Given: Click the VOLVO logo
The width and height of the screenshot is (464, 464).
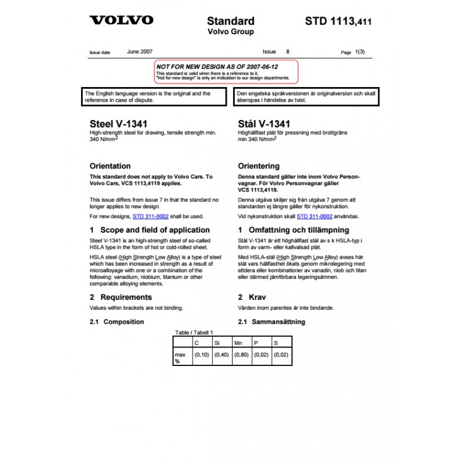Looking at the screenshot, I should pyautogui.click(x=121, y=20).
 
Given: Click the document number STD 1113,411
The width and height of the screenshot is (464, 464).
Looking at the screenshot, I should pyautogui.click(x=338, y=22).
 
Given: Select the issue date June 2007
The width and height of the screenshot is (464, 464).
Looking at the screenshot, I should pyautogui.click(x=140, y=52).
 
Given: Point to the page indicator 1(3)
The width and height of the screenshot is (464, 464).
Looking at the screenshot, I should pyautogui.click(x=360, y=52).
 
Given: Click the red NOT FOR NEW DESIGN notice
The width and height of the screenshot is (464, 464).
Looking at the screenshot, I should pyautogui.click(x=226, y=72).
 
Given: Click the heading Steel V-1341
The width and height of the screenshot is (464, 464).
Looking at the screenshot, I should pyautogui.click(x=118, y=124).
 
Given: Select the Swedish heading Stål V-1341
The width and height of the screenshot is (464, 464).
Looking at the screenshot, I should pyautogui.click(x=264, y=124).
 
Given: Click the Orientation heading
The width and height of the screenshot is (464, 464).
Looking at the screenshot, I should pyautogui.click(x=110, y=166).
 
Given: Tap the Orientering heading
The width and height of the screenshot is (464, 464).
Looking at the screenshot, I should pyautogui.click(x=259, y=166).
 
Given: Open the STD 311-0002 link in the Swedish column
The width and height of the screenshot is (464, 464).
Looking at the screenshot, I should pyautogui.click(x=314, y=216).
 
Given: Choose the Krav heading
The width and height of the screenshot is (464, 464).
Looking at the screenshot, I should pyautogui.click(x=257, y=298).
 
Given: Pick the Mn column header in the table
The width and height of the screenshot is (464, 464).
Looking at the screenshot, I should pyautogui.click(x=238, y=343).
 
